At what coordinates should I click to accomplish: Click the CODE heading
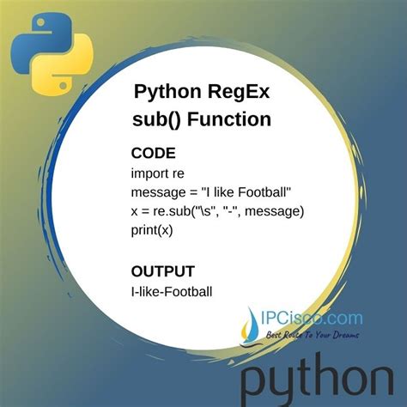click(153, 153)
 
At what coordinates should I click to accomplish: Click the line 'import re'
click(157, 174)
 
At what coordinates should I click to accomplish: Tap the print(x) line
click(153, 229)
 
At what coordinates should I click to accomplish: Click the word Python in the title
click(168, 92)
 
